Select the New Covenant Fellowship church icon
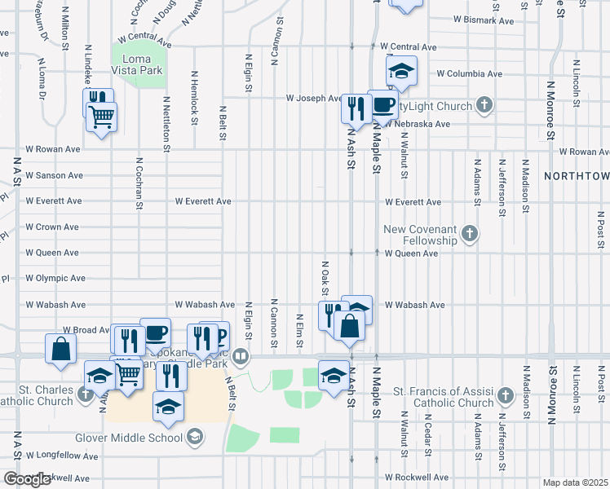469,235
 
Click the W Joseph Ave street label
314,98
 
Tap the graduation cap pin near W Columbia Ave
401,72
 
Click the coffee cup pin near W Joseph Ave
383,104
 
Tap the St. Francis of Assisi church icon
505,395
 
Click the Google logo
27,479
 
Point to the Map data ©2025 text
574,482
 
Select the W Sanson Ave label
54,175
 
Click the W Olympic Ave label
55,278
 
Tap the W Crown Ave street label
52,227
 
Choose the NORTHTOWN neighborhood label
576,175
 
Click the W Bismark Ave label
484,19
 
